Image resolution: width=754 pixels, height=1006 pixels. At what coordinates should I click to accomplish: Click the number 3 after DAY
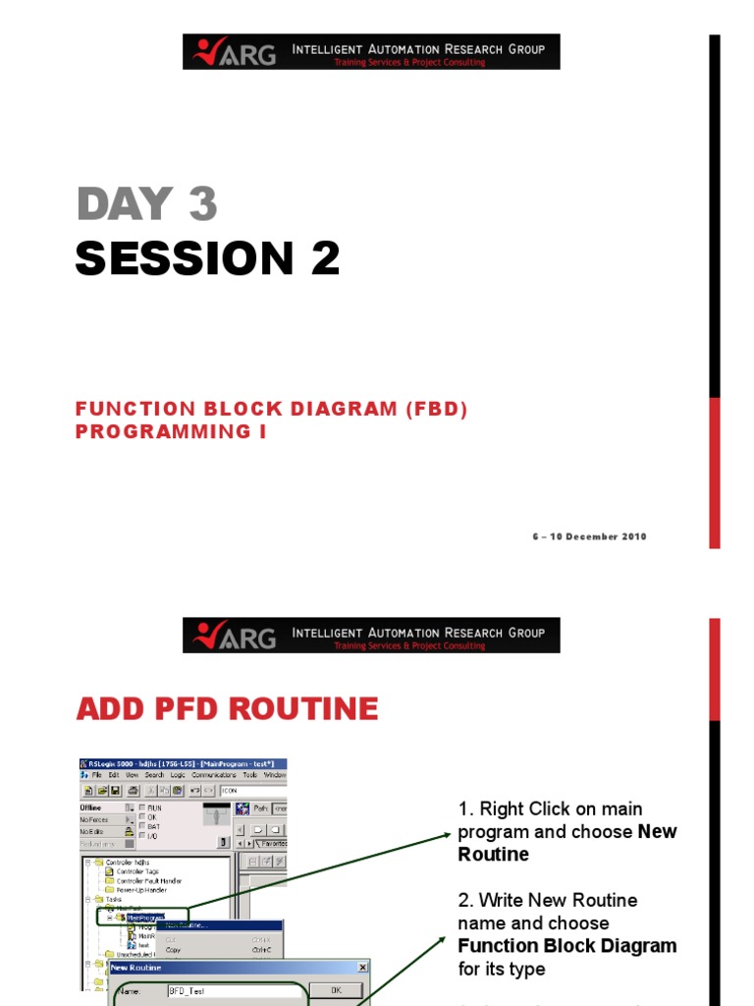pyautogui.click(x=202, y=204)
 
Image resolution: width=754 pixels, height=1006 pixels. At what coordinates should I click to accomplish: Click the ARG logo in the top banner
pyautogui.click(x=237, y=52)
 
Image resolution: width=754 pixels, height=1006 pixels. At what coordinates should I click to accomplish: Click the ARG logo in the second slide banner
pyautogui.click(x=237, y=635)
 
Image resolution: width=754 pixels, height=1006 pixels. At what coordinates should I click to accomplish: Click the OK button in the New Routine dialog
pyautogui.click(x=335, y=990)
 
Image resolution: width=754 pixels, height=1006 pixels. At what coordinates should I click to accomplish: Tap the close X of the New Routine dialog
pyautogui.click(x=362, y=968)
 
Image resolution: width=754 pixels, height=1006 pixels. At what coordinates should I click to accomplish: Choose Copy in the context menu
pyautogui.click(x=174, y=950)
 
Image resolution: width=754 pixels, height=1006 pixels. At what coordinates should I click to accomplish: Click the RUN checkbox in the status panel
pyautogui.click(x=142, y=808)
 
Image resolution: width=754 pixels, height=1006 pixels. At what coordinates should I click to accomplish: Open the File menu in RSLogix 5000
pyautogui.click(x=97, y=774)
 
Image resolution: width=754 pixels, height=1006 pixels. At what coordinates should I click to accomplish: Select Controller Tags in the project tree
pyautogui.click(x=136, y=871)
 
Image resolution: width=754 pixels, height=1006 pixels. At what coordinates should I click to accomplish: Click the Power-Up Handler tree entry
pyautogui.click(x=141, y=889)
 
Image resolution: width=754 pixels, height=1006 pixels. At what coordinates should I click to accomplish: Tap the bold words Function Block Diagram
pyautogui.click(x=566, y=946)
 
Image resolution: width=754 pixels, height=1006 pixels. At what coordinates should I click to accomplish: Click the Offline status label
pyautogui.click(x=90, y=808)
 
